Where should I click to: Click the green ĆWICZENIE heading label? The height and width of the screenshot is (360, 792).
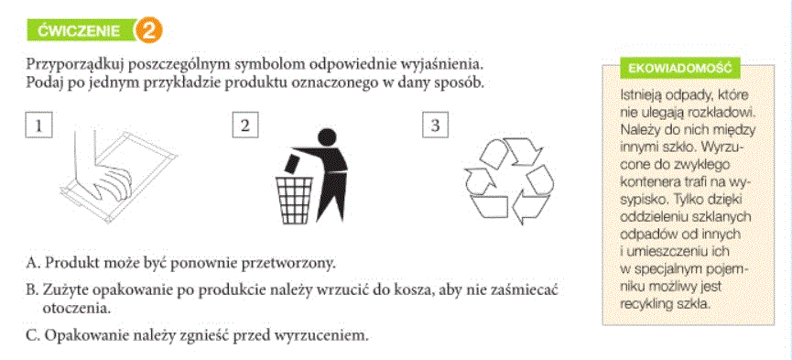click(x=81, y=31)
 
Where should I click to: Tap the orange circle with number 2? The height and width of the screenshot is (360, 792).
click(x=147, y=30)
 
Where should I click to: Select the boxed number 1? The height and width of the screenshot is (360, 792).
click(x=38, y=125)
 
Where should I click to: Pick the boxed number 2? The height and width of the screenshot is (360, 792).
click(x=245, y=125)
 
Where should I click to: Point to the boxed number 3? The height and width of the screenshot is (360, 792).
click(x=436, y=125)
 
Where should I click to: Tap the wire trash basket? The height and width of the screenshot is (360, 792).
click(x=294, y=199)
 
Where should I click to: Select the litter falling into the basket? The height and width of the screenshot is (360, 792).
click(x=292, y=164)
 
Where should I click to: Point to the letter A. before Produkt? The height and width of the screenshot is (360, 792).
click(x=32, y=264)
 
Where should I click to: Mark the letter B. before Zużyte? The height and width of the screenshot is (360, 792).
click(x=32, y=290)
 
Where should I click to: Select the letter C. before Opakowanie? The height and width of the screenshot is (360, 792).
click(x=32, y=334)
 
